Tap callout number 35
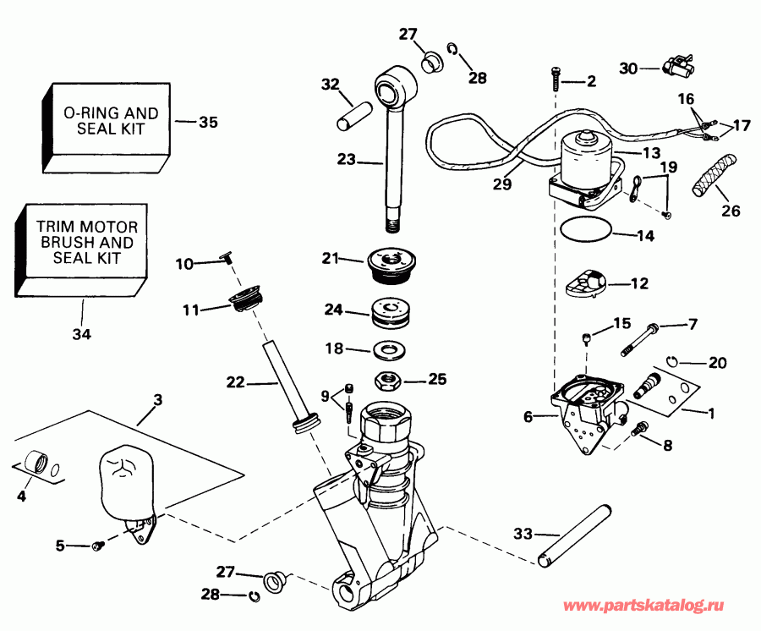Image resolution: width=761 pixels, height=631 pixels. [207, 123]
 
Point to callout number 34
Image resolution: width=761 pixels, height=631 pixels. [81, 334]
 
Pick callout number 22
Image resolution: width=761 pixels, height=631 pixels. [235, 382]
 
